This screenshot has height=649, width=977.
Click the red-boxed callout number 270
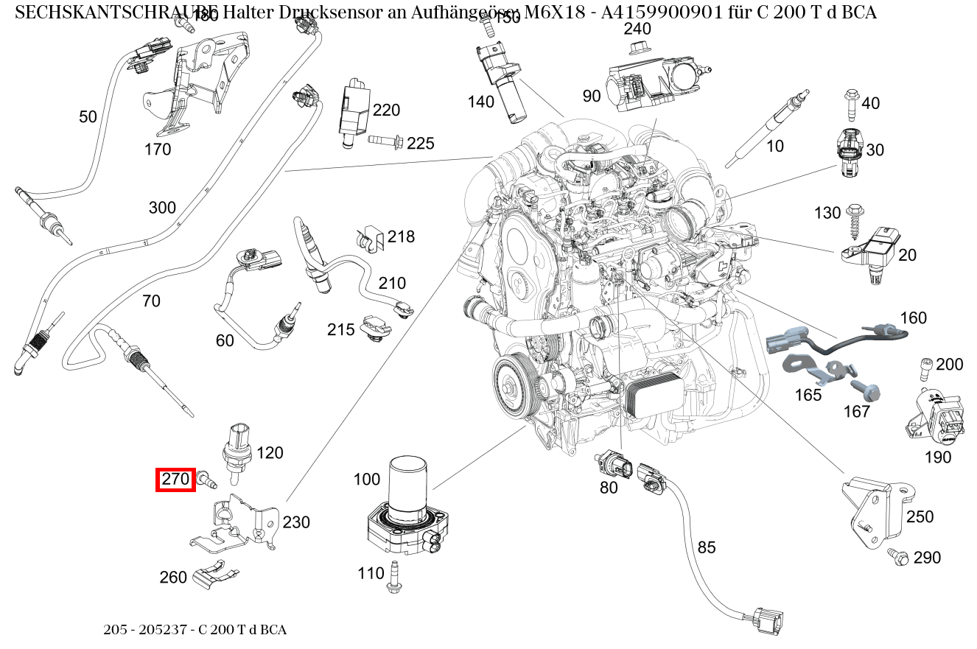(x=176, y=480)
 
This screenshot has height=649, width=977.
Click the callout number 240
(x=637, y=29)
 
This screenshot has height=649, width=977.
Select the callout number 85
(x=706, y=547)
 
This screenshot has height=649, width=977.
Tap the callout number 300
(x=161, y=207)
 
